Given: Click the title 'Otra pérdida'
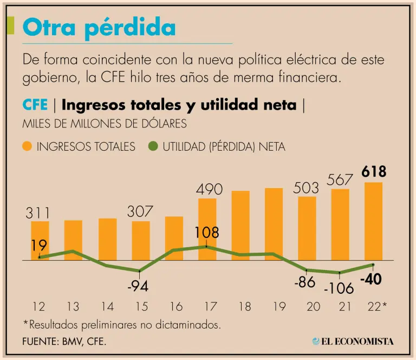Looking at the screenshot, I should tap(99, 27).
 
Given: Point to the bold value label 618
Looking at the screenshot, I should tap(374, 172).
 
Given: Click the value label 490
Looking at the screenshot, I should tap(209, 189).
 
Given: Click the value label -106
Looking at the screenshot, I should tap(339, 289).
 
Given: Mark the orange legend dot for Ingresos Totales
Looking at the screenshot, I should tap(27, 146).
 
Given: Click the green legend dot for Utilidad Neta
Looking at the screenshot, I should tap(152, 146).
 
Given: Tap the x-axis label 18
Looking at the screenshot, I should tap(244, 307).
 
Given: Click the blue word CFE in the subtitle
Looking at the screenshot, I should tap(35, 105).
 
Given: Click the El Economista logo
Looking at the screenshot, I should tap(353, 341).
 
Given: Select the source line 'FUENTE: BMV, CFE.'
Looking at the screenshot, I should tap(64, 342).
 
